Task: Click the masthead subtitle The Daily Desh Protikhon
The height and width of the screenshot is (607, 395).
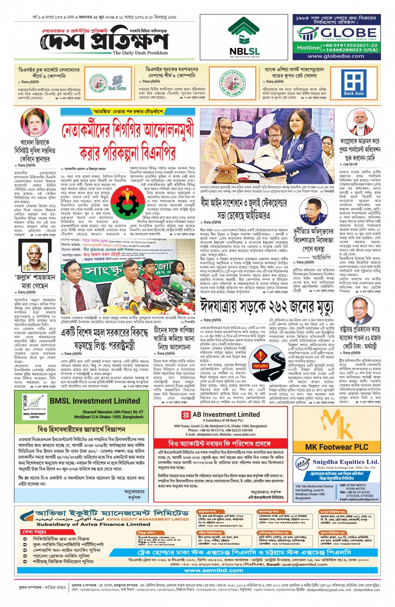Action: click(140, 53)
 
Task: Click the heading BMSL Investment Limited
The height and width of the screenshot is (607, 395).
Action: click(94, 401)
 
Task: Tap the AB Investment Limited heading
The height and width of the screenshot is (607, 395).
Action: click(226, 415)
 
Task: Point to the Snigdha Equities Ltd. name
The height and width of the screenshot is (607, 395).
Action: click(345, 462)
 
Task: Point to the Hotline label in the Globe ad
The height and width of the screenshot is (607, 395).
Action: click(308, 48)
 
